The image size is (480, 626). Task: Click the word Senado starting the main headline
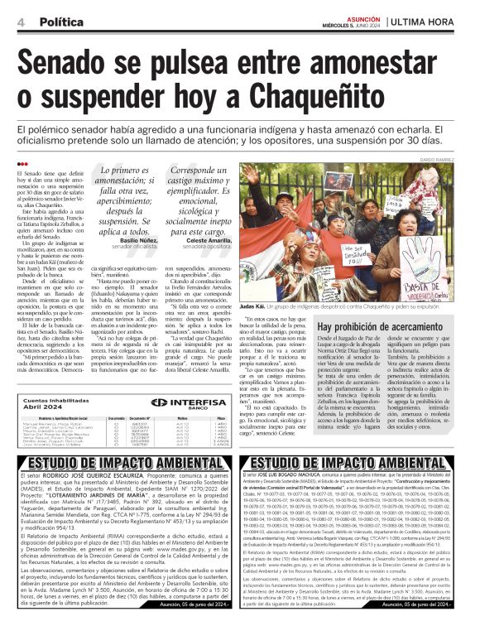74,61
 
